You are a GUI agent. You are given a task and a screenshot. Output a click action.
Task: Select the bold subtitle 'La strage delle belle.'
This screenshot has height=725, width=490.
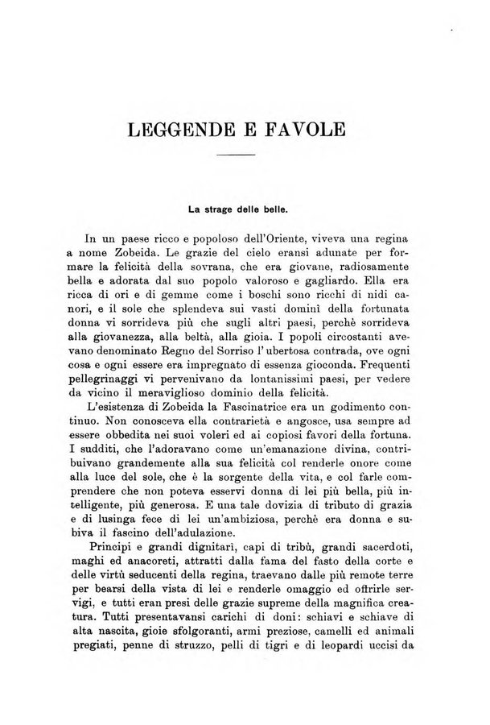pyautogui.click(x=238, y=209)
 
